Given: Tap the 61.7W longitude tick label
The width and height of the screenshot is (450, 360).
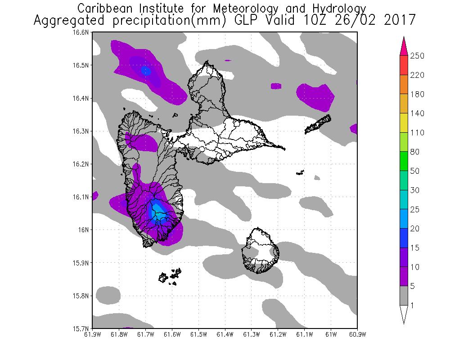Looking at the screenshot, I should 145,334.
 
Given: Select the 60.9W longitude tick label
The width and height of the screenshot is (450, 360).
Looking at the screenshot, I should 357,334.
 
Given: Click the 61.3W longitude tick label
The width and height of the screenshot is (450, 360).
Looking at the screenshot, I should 251,334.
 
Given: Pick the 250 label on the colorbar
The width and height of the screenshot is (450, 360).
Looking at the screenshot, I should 418,56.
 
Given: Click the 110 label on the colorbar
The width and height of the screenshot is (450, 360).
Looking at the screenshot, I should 418,133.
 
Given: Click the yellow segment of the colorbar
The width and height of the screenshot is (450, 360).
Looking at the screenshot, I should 404,123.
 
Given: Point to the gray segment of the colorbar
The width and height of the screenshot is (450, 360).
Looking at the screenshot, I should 404,296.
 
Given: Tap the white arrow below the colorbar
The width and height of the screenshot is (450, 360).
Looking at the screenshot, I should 404,315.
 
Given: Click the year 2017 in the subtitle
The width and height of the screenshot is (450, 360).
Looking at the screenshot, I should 400,21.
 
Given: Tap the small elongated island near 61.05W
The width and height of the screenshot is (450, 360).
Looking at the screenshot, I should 318,124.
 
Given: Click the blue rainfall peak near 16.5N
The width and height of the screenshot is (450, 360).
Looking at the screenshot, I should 145,70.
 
